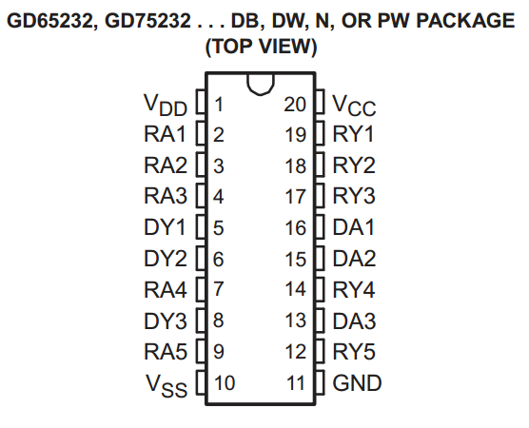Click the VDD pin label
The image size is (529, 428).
(166, 105)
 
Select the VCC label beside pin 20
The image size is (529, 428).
(354, 106)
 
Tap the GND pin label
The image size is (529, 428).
(357, 382)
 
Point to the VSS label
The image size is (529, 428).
(167, 386)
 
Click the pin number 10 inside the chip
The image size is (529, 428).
(225, 382)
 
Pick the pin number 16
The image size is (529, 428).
(296, 227)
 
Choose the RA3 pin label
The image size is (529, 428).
(166, 196)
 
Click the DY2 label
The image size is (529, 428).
(166, 259)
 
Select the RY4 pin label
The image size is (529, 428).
(354, 289)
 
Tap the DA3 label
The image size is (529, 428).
(354, 321)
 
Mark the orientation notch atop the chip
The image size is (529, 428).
(261, 85)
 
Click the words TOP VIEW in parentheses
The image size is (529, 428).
(261, 47)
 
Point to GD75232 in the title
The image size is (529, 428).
(147, 21)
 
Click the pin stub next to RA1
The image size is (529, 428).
(201, 133)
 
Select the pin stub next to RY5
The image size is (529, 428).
(320, 352)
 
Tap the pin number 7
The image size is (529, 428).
(218, 289)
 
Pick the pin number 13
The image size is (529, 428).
(296, 321)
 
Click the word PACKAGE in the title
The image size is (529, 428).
(465, 21)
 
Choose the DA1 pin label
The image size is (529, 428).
(354, 227)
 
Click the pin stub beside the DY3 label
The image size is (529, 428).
(201, 321)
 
